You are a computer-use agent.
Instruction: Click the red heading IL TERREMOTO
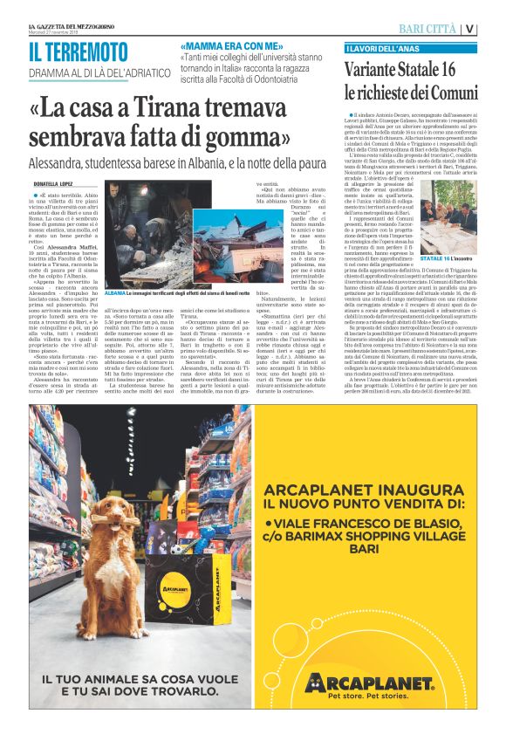click(x=78, y=51)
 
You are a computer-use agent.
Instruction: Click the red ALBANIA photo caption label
click(x=114, y=294)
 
